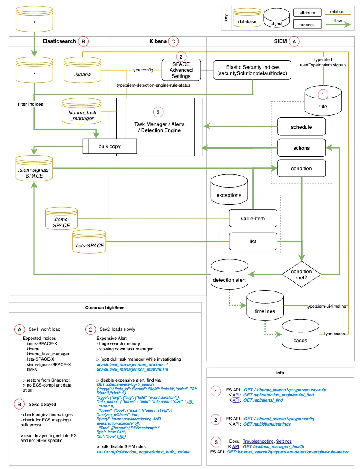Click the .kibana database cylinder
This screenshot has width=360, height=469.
[x=82, y=70]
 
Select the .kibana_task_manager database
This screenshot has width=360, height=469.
[x=81, y=111]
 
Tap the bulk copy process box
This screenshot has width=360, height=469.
[x=110, y=146]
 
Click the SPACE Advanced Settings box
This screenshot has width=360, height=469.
[x=181, y=70]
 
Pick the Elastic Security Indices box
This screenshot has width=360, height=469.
[x=252, y=70]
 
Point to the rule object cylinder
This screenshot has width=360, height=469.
[x=323, y=101]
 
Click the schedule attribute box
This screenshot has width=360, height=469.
[x=301, y=127]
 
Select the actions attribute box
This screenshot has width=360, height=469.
[x=301, y=148]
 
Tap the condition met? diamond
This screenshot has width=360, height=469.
[x=301, y=274]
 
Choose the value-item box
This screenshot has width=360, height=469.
[x=253, y=218]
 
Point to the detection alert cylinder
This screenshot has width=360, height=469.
[x=229, y=274]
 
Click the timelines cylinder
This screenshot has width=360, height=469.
[x=265, y=305]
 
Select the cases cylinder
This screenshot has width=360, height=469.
[x=300, y=334]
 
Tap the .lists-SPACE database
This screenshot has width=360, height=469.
[x=89, y=241]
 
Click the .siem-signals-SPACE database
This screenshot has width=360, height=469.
[x=34, y=168]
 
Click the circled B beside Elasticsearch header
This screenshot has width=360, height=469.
[x=83, y=41]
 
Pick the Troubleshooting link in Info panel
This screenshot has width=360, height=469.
[x=258, y=441]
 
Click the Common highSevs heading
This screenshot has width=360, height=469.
[x=105, y=307]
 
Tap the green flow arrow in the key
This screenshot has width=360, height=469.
[x=338, y=25]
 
